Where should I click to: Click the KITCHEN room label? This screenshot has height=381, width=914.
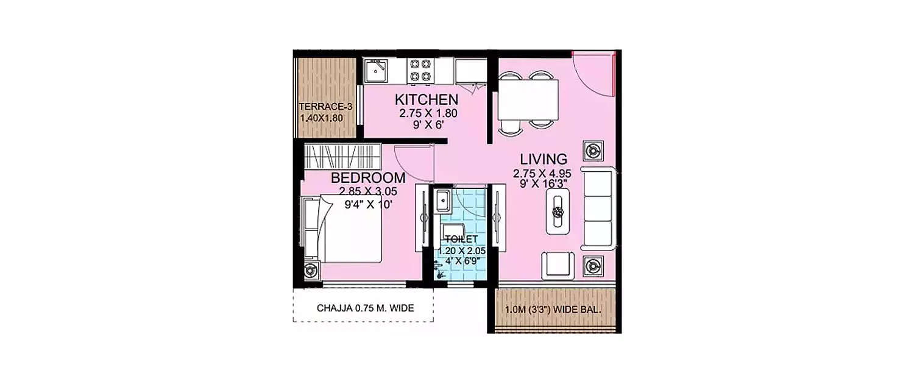tap(426, 99)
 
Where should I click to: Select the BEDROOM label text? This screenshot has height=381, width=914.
tap(367, 178)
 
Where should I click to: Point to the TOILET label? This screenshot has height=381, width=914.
tap(461, 238)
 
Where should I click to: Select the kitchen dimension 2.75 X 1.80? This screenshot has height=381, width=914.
tap(428, 113)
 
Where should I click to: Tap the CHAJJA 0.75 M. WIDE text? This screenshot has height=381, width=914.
tap(365, 308)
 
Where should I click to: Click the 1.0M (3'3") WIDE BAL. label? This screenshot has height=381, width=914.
tap(553, 309)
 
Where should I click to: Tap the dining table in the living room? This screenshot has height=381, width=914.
tap(528, 100)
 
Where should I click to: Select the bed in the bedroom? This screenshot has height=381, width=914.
tap(344, 228)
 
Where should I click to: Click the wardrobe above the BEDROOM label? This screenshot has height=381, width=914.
tap(342, 157)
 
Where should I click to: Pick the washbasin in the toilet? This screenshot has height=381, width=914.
tap(442, 201)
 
